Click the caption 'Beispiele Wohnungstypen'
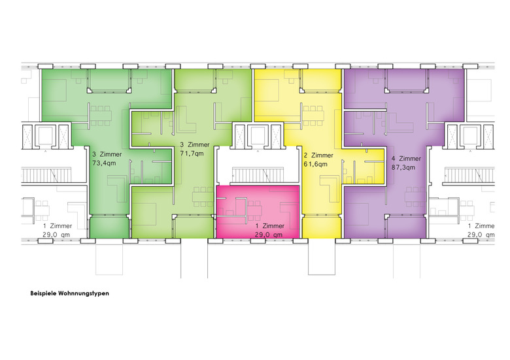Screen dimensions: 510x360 69,293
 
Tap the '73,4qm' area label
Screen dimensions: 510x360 104,163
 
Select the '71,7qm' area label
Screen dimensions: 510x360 192,153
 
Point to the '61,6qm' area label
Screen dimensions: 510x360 316,164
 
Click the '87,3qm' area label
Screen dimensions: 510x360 403,167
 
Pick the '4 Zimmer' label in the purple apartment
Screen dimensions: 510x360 406,159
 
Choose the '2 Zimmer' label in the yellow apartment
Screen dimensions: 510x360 318,155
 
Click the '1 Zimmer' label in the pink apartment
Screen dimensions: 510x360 269,226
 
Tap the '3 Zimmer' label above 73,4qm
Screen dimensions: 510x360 107,154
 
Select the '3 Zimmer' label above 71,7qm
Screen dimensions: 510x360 195,144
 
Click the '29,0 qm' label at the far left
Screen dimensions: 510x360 56,235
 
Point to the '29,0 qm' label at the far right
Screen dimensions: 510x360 481,235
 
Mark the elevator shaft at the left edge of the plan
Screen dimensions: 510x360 46,136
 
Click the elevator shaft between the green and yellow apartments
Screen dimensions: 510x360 258,136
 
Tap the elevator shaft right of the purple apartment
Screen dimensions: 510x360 470,136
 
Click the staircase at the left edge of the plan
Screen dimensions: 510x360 46,175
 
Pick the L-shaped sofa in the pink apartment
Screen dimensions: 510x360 289,210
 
